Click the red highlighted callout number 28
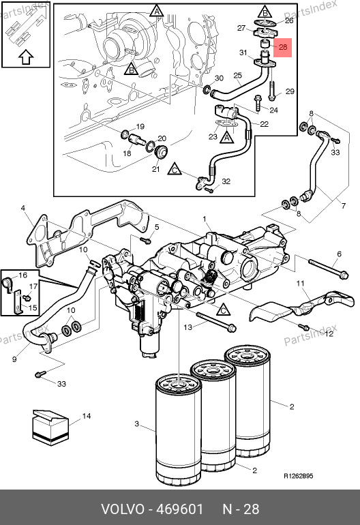point(283,47)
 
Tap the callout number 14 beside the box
point(87,416)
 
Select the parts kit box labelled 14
point(50,427)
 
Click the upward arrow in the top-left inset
point(26,57)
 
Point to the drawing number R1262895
point(299,476)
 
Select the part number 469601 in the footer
point(180,509)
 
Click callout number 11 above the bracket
point(301,284)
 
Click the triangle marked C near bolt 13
point(224,310)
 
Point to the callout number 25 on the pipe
point(237,75)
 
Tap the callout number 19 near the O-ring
point(140,127)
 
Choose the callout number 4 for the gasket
point(22,208)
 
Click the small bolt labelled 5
point(146,240)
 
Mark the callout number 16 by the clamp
point(22,275)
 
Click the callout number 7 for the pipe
point(343,206)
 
